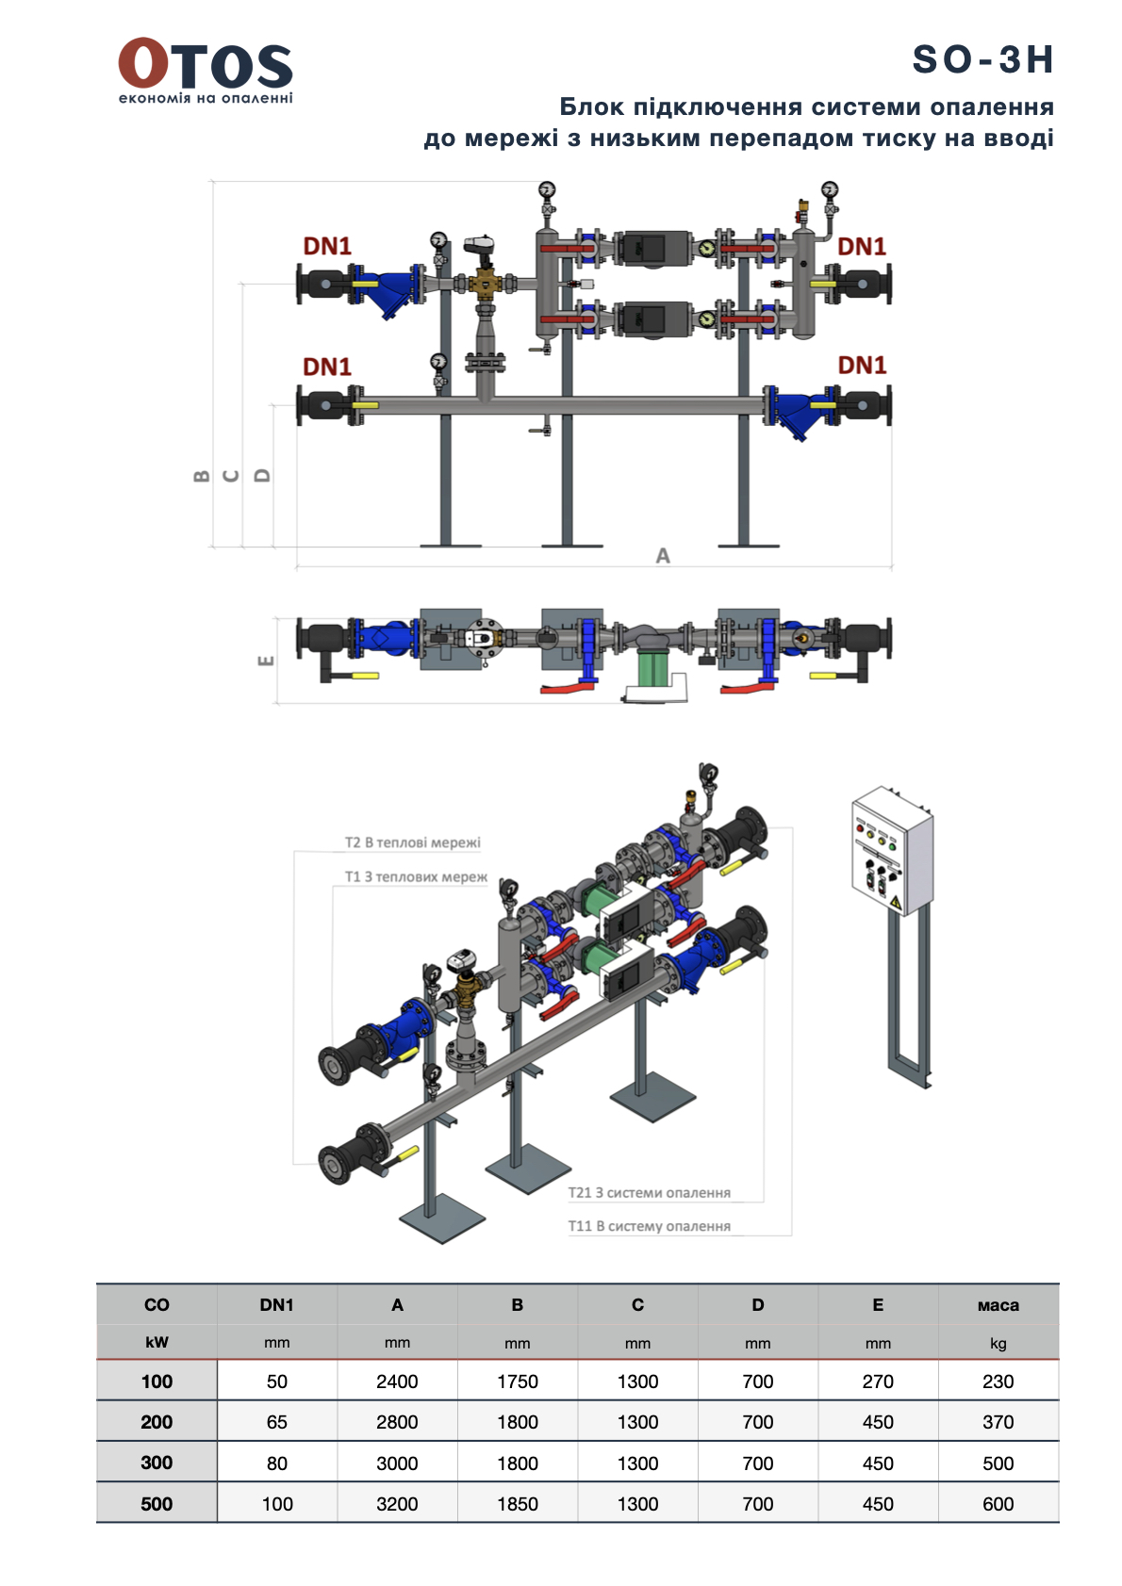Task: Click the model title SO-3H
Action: (982, 59)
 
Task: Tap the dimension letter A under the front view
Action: (663, 556)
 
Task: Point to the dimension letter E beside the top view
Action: (266, 661)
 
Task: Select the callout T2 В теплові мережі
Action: (412, 842)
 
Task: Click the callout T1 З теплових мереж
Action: (415, 876)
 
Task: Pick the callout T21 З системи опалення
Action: (649, 1192)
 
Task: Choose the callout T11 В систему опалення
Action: (649, 1226)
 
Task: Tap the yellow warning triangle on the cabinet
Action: (896, 904)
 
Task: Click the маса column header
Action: (998, 1305)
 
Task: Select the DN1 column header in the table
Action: (276, 1305)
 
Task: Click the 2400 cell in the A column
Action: (397, 1382)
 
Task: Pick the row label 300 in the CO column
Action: (157, 1463)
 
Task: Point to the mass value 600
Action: (998, 1504)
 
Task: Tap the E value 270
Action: (878, 1382)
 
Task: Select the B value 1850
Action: (518, 1504)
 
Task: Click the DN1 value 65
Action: (276, 1422)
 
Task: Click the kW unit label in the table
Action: (157, 1343)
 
